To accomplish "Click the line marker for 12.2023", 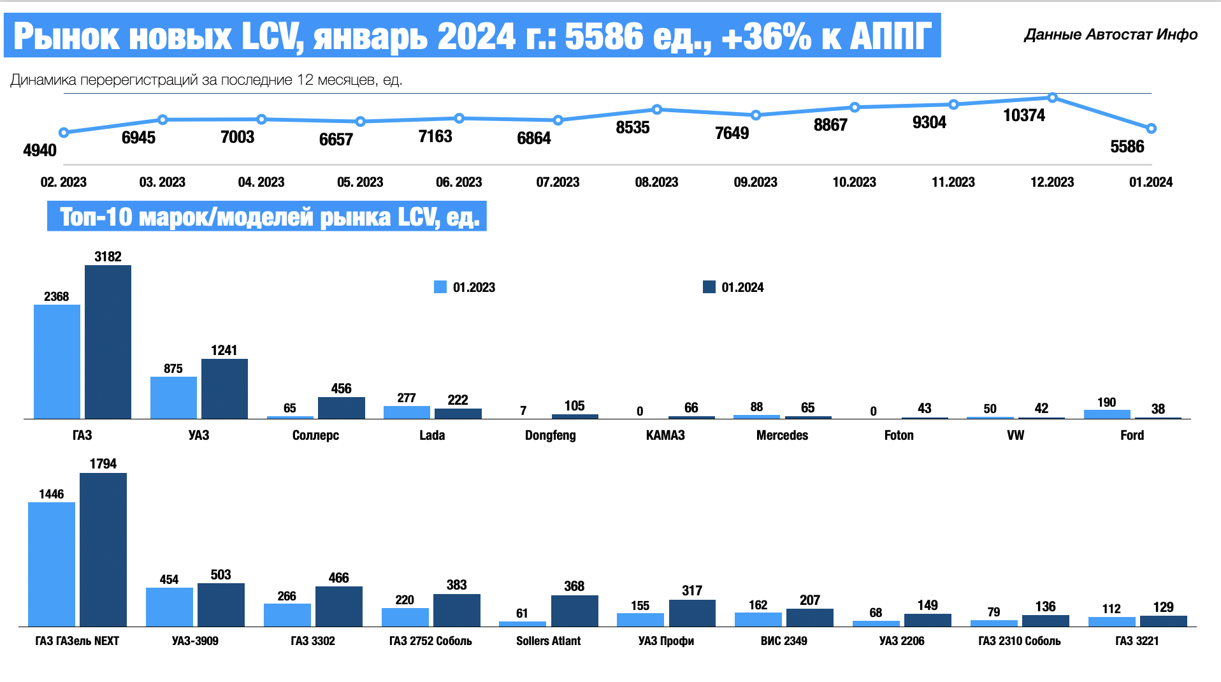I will pos(1052,98).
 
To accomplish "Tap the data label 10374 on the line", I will pos(1024,115).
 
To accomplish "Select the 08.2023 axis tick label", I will pos(656,182).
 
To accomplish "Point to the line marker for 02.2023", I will pos(64,133).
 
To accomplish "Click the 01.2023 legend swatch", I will pos(440,287).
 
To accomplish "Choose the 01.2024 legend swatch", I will pos(709,287).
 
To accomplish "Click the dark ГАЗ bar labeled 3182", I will pos(108,342).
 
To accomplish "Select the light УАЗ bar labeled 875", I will pos(173,398).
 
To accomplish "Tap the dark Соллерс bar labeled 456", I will pos(342,408).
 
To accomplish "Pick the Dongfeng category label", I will pos(551,435).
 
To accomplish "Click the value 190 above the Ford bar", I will pos(1106,402).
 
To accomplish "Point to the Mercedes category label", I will pos(782,435).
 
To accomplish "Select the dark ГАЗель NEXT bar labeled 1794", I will pos(103,549).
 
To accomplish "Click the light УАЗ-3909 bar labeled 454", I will pos(170,607).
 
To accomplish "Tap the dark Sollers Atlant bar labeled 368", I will pos(574,611).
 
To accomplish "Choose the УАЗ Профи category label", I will pos(666,641).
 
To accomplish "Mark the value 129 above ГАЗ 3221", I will pos(1163,607).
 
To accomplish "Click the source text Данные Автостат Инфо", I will pos(1111,34).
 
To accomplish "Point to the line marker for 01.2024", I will pos(1151,129).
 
